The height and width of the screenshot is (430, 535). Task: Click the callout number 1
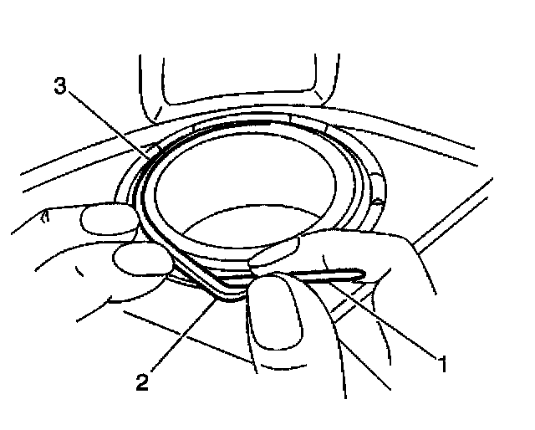point(444,364)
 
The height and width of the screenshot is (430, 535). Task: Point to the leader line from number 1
point(393,323)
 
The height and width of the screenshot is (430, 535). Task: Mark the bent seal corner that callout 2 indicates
point(220,291)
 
